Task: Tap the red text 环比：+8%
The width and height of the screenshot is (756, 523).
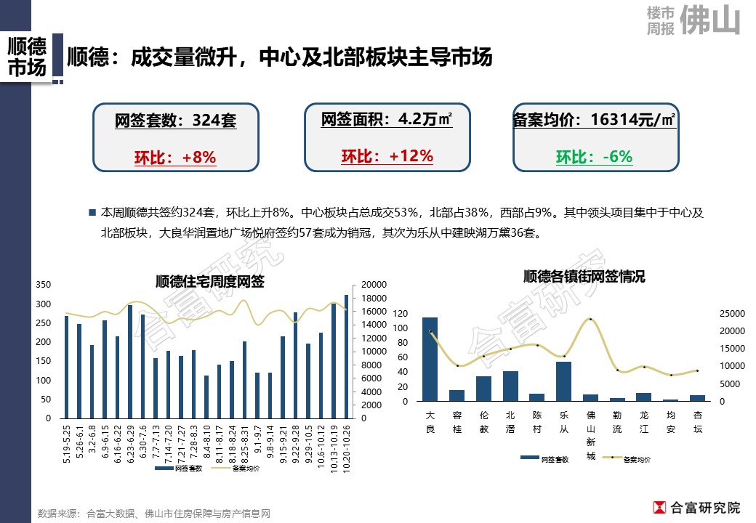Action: pos(175,158)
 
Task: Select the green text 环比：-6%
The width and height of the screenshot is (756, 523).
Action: pos(594,157)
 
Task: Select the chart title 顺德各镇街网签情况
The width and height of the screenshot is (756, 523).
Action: pos(584,277)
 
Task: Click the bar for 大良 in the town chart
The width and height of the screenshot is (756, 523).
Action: pos(430,360)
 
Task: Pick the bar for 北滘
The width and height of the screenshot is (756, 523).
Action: pos(510,386)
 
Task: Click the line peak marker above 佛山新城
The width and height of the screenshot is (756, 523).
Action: pos(590,319)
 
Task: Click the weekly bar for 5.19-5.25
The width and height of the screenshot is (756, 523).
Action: pos(67,367)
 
